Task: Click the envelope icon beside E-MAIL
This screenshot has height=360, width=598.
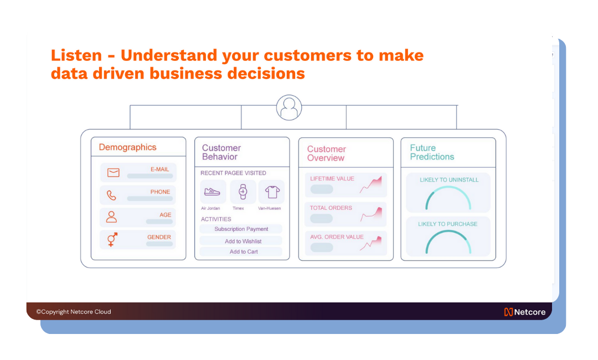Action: coord(114,173)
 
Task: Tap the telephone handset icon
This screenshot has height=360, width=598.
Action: coord(111,196)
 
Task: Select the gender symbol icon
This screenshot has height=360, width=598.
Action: coord(112,239)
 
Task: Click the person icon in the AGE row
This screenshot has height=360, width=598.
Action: coord(111,217)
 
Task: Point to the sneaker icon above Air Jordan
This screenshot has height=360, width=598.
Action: coord(212,192)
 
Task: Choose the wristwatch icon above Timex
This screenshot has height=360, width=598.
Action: coord(243,192)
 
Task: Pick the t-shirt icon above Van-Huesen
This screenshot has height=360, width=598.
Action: coord(272,192)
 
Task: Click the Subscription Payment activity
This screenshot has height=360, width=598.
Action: coord(241,229)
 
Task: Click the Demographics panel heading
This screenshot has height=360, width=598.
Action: coord(128,147)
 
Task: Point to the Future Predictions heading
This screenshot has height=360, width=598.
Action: coord(432,152)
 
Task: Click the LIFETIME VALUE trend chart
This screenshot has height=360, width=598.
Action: coord(370,185)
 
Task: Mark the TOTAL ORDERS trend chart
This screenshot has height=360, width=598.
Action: coord(371,214)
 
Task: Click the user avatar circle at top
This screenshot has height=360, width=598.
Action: coord(289,107)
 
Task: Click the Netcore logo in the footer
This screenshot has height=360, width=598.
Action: coord(525,312)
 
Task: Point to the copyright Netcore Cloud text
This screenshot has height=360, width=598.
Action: coord(74,312)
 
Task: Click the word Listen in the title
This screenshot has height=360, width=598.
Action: coord(76,55)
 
